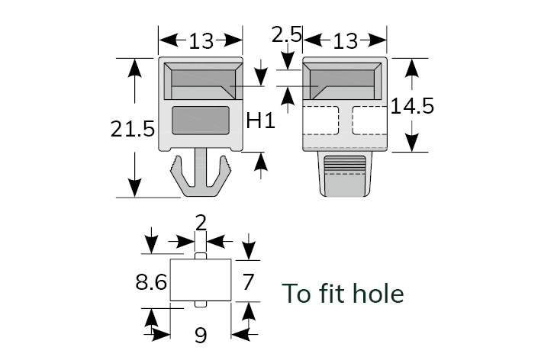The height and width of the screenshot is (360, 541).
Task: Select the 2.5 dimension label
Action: pos(287,34)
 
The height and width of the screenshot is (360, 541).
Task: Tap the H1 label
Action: pos(261,120)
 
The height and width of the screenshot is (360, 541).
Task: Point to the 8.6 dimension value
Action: pos(151,283)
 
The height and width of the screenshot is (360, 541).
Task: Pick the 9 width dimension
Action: pos(201,334)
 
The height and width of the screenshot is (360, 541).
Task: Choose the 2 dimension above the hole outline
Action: pos(201,223)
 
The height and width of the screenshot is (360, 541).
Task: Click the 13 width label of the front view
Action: pos(201,40)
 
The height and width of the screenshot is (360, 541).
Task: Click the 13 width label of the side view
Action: pos(345,40)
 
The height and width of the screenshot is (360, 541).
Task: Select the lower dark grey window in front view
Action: pos(201,121)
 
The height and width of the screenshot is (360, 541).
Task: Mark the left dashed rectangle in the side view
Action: pos(321,120)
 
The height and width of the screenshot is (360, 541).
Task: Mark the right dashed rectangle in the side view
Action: pos(369,120)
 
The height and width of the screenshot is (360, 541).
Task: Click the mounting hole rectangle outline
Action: pos(201,279)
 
